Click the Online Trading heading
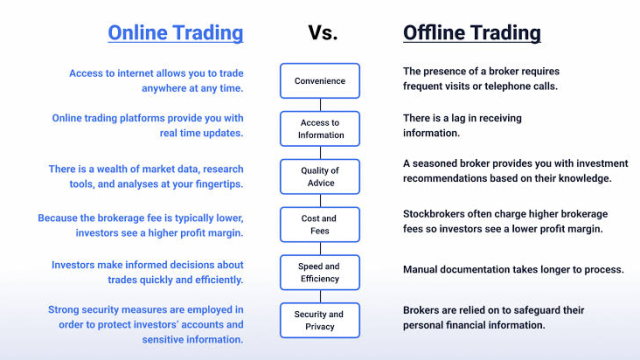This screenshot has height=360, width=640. point(176,33)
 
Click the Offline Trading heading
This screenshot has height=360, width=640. point(472,33)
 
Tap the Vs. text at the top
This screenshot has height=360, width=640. point(323,33)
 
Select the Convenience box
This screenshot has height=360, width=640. point(320,81)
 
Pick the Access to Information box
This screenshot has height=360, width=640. point(320,129)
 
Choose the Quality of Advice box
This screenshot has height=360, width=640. point(320,177)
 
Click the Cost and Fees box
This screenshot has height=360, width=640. point(320,224)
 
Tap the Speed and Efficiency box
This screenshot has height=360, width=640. point(320,272)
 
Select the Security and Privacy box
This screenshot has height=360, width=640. point(320,320)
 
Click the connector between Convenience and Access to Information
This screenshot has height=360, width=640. point(320,105)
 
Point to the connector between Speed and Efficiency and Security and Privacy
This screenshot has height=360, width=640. point(320,296)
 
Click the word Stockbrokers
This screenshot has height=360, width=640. point(434,214)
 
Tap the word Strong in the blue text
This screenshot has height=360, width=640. point(63,310)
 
